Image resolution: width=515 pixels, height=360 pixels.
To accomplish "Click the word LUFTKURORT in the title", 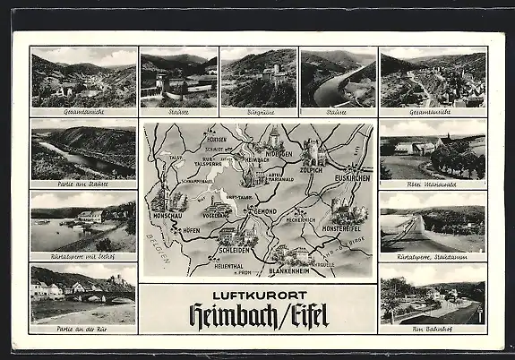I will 258,295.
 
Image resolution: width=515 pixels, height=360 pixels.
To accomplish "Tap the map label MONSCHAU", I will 167,217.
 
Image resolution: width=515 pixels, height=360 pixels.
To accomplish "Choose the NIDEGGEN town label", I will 274,153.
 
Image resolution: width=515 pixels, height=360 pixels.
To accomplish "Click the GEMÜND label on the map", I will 262,210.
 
